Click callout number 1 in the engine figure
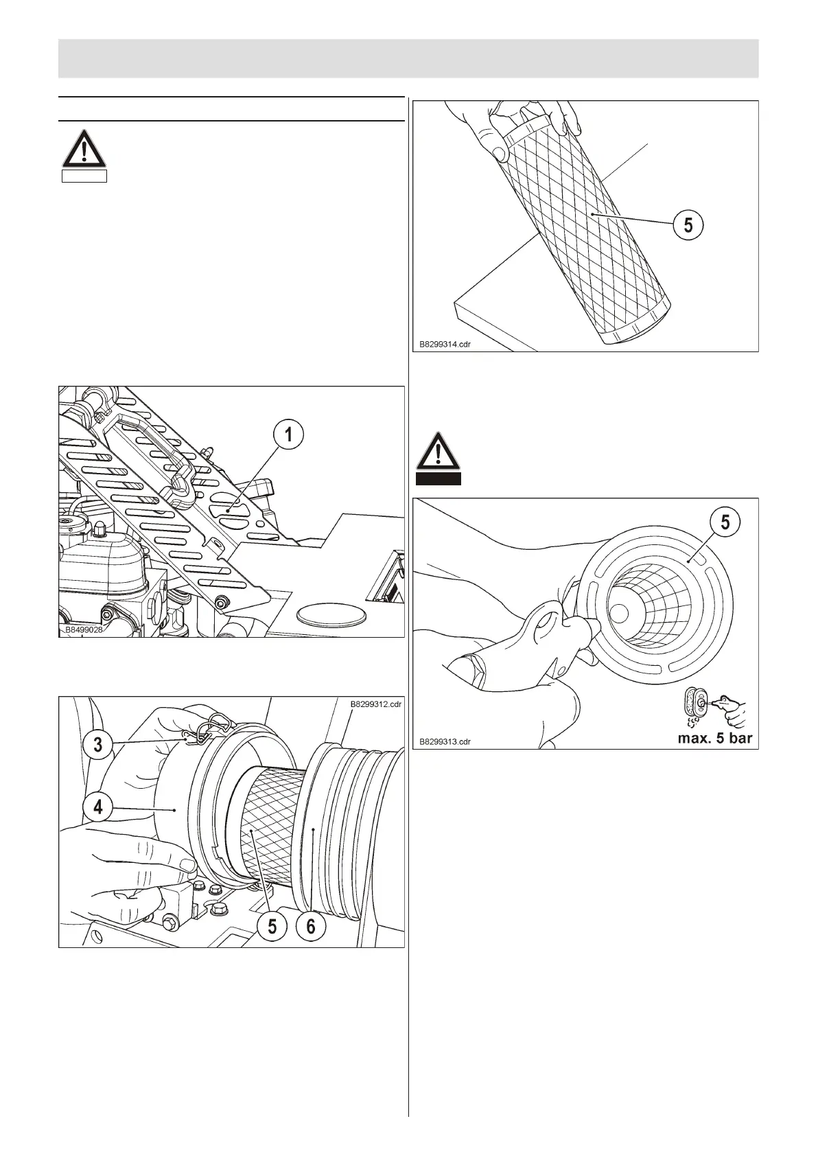click(x=289, y=435)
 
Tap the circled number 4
click(x=97, y=807)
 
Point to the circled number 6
click(x=311, y=927)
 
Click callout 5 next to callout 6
click(x=272, y=927)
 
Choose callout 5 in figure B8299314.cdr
click(x=688, y=224)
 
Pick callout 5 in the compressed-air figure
click(x=729, y=523)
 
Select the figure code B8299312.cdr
click(x=375, y=704)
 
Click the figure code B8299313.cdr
click(x=445, y=741)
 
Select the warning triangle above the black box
click(x=439, y=451)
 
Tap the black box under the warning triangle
click(x=439, y=478)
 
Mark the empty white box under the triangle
click(x=84, y=176)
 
